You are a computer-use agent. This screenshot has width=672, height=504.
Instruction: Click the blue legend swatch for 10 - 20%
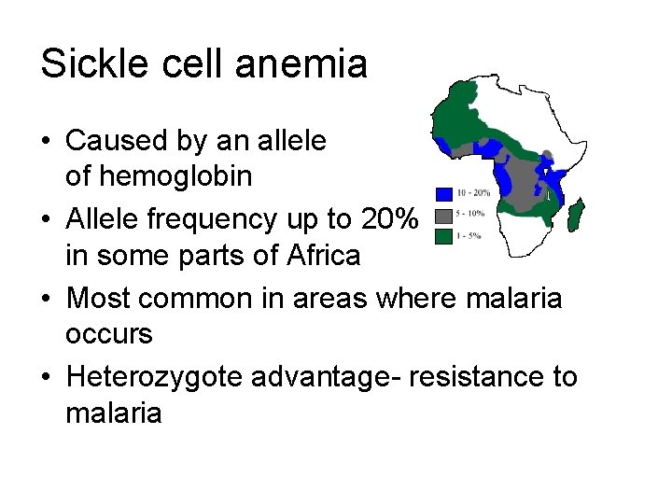tap(444, 193)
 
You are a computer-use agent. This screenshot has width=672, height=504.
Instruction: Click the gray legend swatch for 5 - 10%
tap(444, 215)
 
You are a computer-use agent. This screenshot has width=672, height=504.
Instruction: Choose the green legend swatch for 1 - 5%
tap(444, 235)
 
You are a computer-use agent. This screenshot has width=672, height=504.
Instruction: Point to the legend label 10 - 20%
tap(473, 193)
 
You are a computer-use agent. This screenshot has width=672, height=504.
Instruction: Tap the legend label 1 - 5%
tap(469, 235)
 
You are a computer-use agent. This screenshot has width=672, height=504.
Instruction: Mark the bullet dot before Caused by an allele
tap(46, 142)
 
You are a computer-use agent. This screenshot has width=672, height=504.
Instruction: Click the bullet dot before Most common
tap(46, 299)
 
